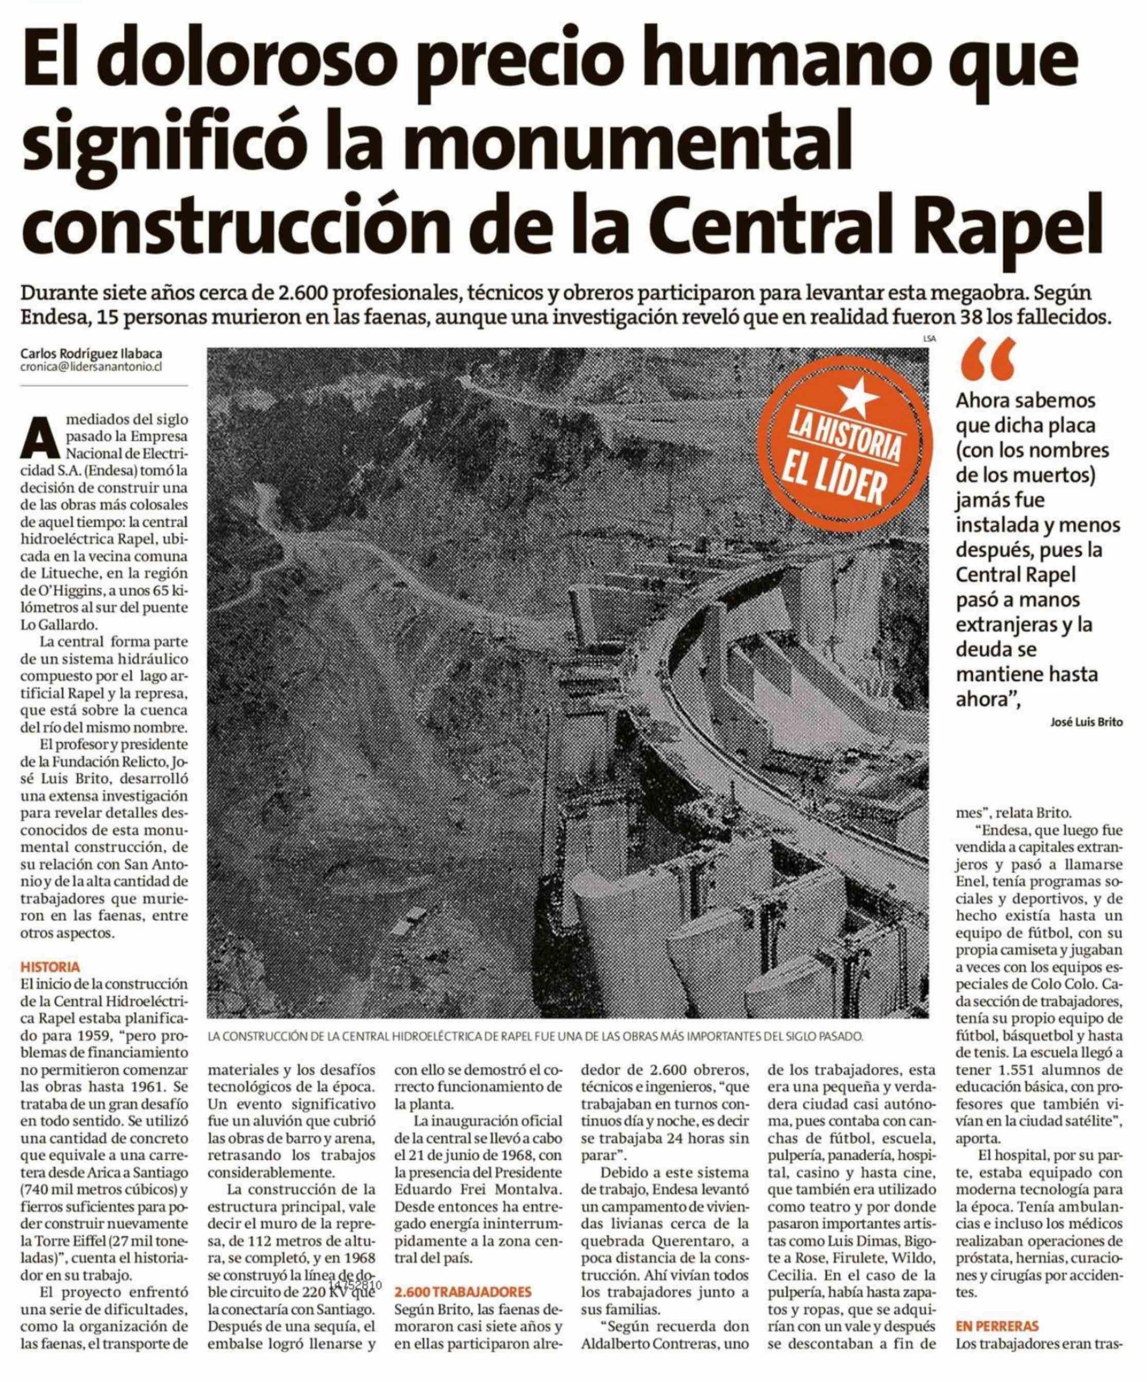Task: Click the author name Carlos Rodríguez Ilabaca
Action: click(91, 355)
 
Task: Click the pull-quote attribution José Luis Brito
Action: click(1085, 722)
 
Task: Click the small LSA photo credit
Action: click(929, 339)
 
